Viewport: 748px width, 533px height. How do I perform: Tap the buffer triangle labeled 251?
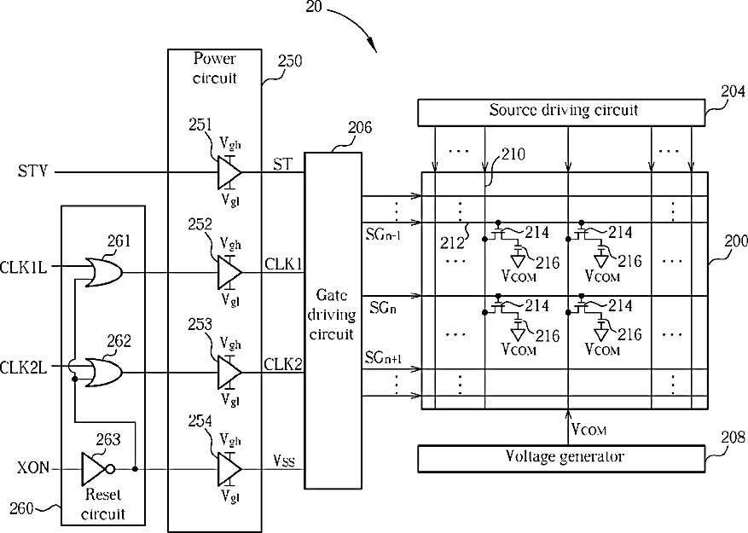point(229,172)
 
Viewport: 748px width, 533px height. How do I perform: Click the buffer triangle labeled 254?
point(229,470)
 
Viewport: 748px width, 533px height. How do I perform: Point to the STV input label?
point(33,171)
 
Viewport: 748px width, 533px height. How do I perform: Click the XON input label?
point(33,468)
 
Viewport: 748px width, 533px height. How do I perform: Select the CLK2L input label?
point(23,368)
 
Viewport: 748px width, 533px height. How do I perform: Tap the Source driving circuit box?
point(561,113)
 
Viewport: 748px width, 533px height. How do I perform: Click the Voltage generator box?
point(561,459)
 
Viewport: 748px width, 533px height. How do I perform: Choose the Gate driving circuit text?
point(332,315)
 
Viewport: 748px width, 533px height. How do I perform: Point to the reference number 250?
point(290,62)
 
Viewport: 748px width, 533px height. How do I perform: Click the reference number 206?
point(360,128)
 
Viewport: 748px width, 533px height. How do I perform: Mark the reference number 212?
point(452,243)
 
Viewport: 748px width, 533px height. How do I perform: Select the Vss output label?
point(284,461)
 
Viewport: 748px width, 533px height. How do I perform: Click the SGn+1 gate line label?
point(384,357)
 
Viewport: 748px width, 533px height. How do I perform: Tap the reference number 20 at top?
point(313,7)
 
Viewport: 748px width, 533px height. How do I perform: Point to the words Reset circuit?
point(103,504)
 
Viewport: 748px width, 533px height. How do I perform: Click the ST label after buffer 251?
point(282,165)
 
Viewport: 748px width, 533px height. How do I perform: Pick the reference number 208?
point(734,437)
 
